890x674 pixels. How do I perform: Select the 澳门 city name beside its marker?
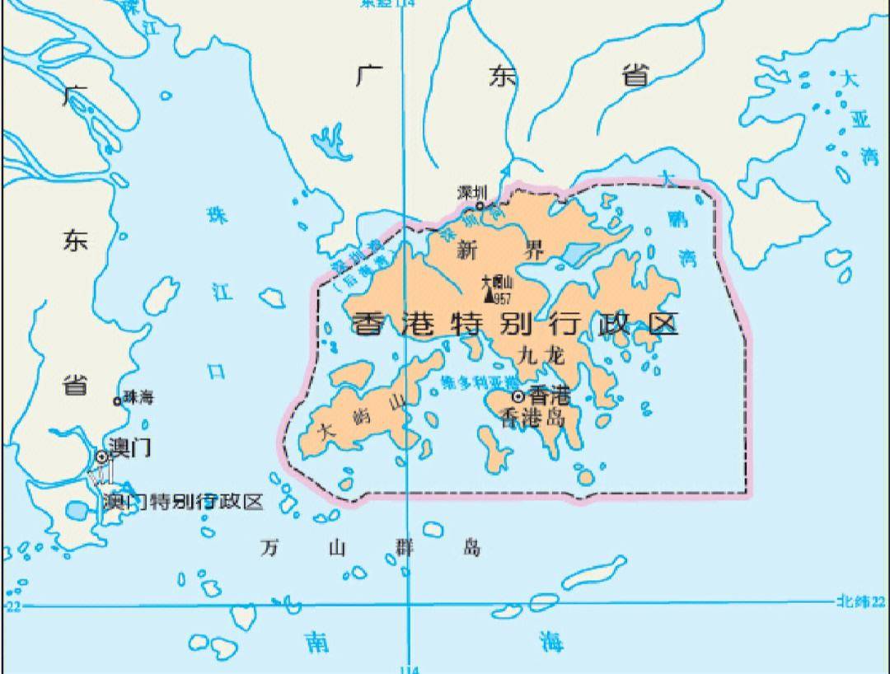click(x=130, y=449)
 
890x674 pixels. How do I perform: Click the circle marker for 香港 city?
click(x=518, y=396)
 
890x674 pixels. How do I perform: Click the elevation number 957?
click(x=502, y=297)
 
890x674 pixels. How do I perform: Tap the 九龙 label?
click(x=541, y=355)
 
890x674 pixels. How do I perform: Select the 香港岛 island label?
click(x=533, y=418)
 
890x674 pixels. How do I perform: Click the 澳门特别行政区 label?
click(x=182, y=501)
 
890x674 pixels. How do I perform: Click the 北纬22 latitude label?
click(x=860, y=602)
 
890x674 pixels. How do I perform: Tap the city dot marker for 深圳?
click(x=480, y=206)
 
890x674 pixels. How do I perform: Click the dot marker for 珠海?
click(x=117, y=401)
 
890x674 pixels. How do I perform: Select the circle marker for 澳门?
click(x=101, y=456)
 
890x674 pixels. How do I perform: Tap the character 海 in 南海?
click(x=551, y=642)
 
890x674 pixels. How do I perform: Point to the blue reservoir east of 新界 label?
click(x=579, y=254)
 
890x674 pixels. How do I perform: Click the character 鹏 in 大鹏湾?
click(x=677, y=219)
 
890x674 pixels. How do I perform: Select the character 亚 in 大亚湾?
click(x=860, y=119)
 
